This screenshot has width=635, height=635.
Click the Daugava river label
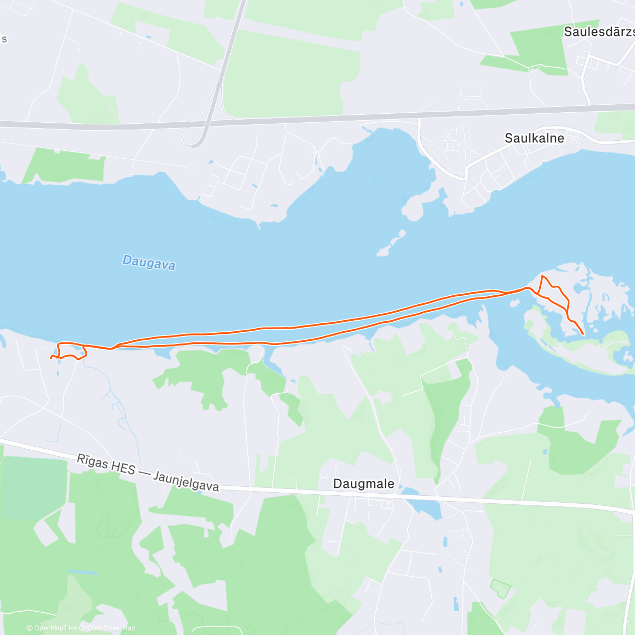(x=149, y=262)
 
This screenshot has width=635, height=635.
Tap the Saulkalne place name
(x=534, y=139)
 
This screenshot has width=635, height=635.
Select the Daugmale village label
(x=364, y=484)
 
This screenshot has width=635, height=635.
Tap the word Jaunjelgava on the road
(x=186, y=482)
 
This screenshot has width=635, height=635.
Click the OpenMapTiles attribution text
(x=52, y=628)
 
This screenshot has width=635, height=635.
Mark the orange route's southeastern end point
(x=583, y=334)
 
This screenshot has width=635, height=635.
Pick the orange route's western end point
(x=51, y=358)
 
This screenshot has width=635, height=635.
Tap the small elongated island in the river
(x=392, y=244)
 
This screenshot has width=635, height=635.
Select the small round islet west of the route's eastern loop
(x=513, y=304)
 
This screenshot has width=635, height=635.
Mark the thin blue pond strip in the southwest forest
(x=82, y=573)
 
